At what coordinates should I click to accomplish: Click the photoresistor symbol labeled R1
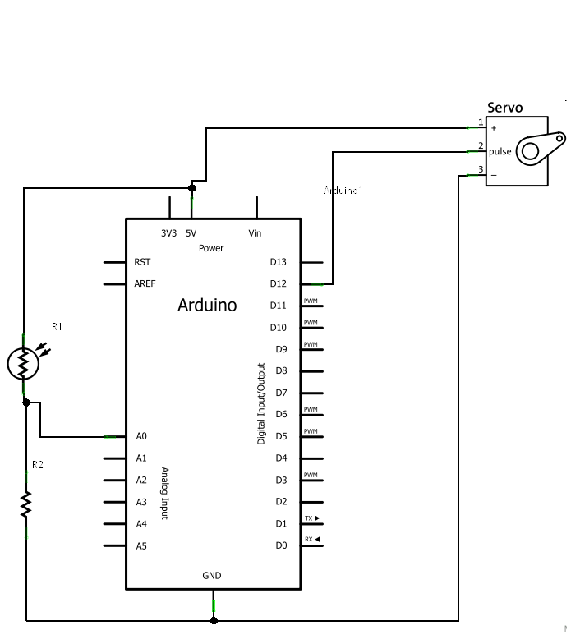(24, 362)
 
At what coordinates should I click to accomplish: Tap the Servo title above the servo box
(504, 108)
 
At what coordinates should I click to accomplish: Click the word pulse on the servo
(500, 151)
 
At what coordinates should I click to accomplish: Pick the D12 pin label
(279, 284)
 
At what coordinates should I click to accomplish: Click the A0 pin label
(141, 436)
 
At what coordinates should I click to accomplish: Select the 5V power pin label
(191, 233)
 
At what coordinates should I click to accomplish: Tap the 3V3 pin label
(168, 233)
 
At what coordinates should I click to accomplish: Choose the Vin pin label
(255, 233)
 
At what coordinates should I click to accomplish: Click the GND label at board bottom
(212, 576)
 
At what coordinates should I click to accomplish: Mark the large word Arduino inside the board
(207, 306)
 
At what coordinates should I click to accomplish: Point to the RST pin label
(142, 262)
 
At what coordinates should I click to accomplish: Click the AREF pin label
(145, 284)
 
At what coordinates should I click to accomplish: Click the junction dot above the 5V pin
(192, 187)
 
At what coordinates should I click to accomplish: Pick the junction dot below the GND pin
(214, 620)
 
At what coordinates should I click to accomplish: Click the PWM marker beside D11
(311, 301)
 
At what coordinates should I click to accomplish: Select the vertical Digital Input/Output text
(261, 404)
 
